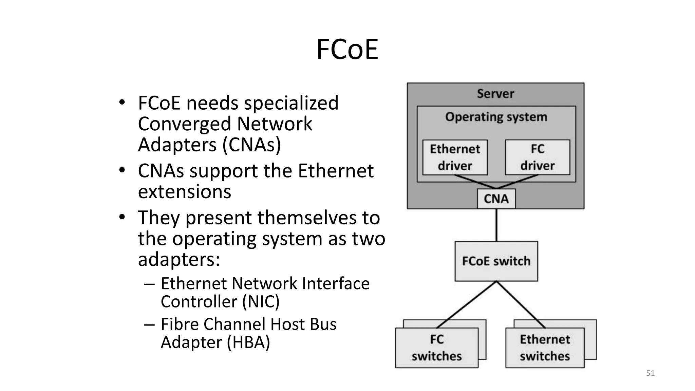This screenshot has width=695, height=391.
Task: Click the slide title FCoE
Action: [x=347, y=50]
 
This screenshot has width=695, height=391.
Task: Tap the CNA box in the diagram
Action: [x=496, y=199]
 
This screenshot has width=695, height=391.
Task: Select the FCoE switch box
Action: [x=496, y=261]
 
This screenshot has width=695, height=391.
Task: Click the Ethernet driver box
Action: [x=455, y=157]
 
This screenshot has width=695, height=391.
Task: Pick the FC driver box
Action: [x=538, y=157]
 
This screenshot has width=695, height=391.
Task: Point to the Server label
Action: [x=495, y=94]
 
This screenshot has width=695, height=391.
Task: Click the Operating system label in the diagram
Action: [x=496, y=117]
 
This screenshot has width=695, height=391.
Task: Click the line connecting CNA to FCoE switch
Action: [x=496, y=225]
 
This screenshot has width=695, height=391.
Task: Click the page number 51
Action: [x=650, y=373]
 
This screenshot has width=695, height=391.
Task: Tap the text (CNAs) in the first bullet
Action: [x=251, y=145]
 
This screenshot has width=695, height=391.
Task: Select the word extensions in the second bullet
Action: [x=185, y=192]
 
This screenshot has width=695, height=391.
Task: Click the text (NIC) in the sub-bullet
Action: [x=261, y=301]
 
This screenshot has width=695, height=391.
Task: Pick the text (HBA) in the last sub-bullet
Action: [x=248, y=342]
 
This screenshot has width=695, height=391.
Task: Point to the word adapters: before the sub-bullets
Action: [x=179, y=260]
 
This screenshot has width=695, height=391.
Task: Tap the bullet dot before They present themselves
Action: [x=122, y=217]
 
